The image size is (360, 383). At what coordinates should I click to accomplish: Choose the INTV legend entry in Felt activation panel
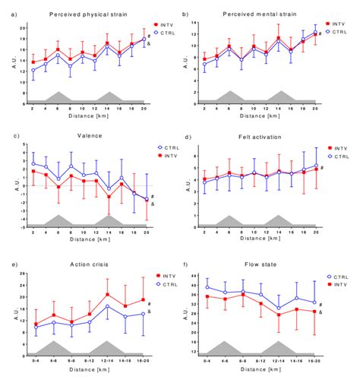[x=335, y=149]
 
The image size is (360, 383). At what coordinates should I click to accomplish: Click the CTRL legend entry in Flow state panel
[x=335, y=277]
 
